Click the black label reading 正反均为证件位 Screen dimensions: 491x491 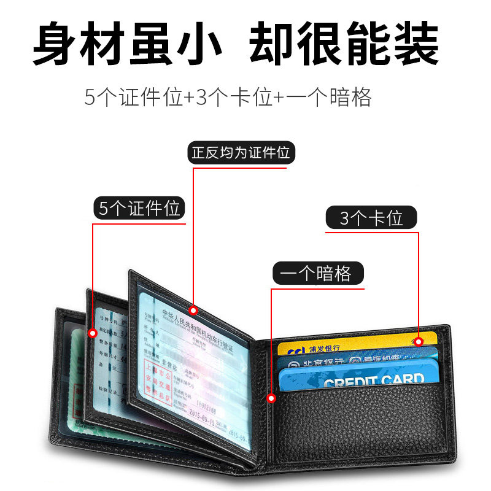[x=241, y=152]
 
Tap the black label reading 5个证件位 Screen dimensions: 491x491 [x=139, y=208]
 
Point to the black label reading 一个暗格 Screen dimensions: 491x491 [x=318, y=273]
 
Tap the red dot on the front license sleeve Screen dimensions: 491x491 [x=193, y=309]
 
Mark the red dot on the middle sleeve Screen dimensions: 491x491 [x=93, y=333]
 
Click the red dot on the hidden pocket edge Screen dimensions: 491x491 [x=271, y=399]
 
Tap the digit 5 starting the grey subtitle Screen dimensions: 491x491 [x=90, y=98]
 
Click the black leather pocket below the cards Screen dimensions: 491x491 [x=368, y=430]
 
